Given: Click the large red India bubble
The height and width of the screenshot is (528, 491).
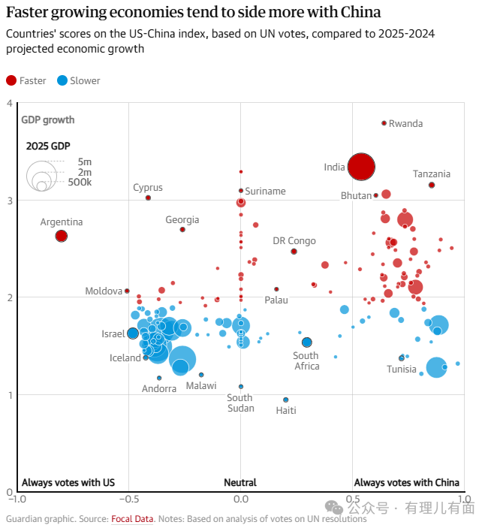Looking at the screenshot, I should pos(361,167).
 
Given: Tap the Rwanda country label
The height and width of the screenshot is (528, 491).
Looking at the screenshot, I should pos(405,123).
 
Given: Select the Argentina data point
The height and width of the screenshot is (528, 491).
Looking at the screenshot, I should pos(62,236).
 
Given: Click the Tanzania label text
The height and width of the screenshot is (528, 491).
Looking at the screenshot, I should pos(432,174).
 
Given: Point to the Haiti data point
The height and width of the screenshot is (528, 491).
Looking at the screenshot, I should pos(285,400).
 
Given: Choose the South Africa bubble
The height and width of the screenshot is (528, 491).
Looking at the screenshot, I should pos(306,342).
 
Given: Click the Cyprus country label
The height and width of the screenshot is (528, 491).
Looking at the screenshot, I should pos(148,188).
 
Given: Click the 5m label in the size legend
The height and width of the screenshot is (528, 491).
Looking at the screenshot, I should pos(85,161).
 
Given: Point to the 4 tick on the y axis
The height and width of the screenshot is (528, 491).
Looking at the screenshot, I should pos(9,104).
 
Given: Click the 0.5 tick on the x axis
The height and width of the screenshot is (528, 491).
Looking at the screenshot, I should pos(352,498).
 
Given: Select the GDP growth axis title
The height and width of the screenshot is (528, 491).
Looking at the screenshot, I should pos(48,119).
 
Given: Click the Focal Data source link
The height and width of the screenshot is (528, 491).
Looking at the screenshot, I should pos(132,518).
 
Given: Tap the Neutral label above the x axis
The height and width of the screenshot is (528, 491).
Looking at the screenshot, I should pos(240,482).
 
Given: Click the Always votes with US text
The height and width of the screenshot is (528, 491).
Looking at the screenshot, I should pos(68,482).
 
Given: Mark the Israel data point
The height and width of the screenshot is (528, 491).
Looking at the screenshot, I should pos(133,333).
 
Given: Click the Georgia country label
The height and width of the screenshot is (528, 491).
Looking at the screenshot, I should pos(182,219).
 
